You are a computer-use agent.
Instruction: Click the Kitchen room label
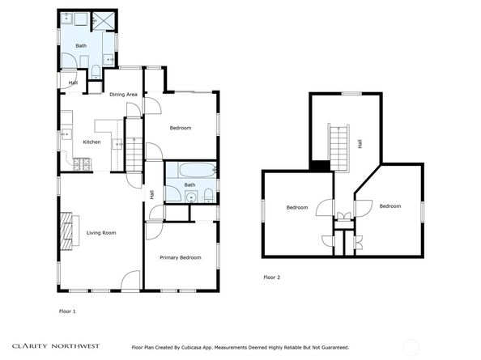tap(92, 142)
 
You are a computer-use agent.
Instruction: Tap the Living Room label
tap(101, 233)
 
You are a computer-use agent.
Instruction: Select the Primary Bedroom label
tap(181, 258)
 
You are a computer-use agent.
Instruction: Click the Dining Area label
tap(123, 95)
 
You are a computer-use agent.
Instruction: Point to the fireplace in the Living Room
tap(66, 231)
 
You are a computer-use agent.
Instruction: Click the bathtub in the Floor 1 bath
tap(198, 170)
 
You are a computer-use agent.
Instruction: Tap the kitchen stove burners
tap(82, 164)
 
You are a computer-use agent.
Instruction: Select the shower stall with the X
tap(104, 21)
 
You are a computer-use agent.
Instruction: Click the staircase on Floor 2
tap(339, 147)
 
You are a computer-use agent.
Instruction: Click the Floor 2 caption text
tap(272, 277)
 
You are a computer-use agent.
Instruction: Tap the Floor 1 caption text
tap(67, 311)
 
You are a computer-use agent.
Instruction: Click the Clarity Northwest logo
tap(56, 346)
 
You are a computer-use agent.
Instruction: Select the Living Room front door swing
tap(130, 279)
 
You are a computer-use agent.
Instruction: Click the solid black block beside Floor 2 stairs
tap(320, 166)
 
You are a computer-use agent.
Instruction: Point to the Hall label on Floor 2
tap(360, 144)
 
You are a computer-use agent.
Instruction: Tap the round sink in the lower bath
tap(192, 197)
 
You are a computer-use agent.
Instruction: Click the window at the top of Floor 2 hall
tap(352, 94)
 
